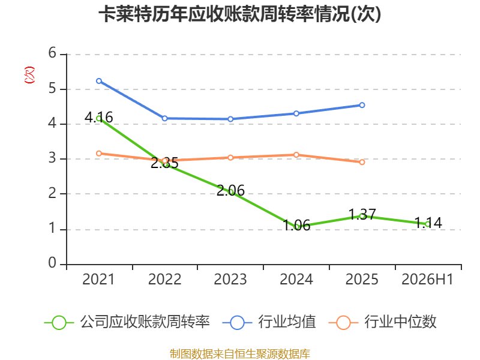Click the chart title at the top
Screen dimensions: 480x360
tap(239, 14)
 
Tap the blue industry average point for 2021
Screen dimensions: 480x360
tap(99, 81)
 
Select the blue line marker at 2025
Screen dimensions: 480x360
tap(362, 105)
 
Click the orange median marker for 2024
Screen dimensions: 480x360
tap(296, 155)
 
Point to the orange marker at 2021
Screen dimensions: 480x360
tap(99, 154)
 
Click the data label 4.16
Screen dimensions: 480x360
tap(98, 117)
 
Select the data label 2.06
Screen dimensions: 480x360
tap(230, 191)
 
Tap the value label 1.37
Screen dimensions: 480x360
tap(362, 214)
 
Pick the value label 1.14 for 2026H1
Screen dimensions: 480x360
tap(428, 223)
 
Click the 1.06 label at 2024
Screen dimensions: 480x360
tap(296, 226)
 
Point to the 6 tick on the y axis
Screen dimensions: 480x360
tap(52, 53)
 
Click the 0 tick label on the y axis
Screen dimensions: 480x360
tap(52, 263)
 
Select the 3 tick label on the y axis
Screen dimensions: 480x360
tap(52, 158)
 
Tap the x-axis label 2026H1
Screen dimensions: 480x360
tap(427, 280)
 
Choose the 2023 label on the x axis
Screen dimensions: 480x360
tap(230, 280)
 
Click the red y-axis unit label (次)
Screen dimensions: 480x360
tap(29, 75)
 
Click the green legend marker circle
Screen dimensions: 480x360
tap(59, 323)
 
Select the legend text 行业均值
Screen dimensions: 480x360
tap(287, 322)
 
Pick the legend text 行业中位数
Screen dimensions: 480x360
tap(400, 322)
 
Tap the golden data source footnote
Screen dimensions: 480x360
tap(239, 354)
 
